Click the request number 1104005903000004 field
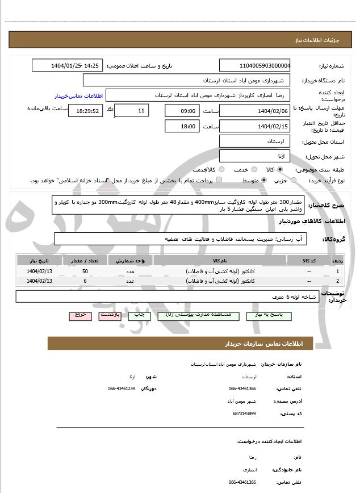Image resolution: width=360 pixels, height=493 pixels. point(254,66)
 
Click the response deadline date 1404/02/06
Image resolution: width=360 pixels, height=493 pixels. point(254,111)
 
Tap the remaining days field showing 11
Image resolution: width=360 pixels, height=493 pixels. point(132,110)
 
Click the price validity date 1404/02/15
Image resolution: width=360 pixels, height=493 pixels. point(254,126)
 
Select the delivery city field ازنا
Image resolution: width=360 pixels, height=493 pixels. point(254,156)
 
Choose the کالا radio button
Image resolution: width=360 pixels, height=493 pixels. point(280,169)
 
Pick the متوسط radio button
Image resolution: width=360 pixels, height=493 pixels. point(264,180)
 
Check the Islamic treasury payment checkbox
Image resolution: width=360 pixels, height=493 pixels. point(220,180)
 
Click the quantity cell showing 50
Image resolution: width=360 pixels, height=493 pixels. point(85,272)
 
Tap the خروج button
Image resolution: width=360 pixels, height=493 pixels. point(79,315)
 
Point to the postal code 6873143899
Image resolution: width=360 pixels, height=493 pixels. point(244,413)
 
